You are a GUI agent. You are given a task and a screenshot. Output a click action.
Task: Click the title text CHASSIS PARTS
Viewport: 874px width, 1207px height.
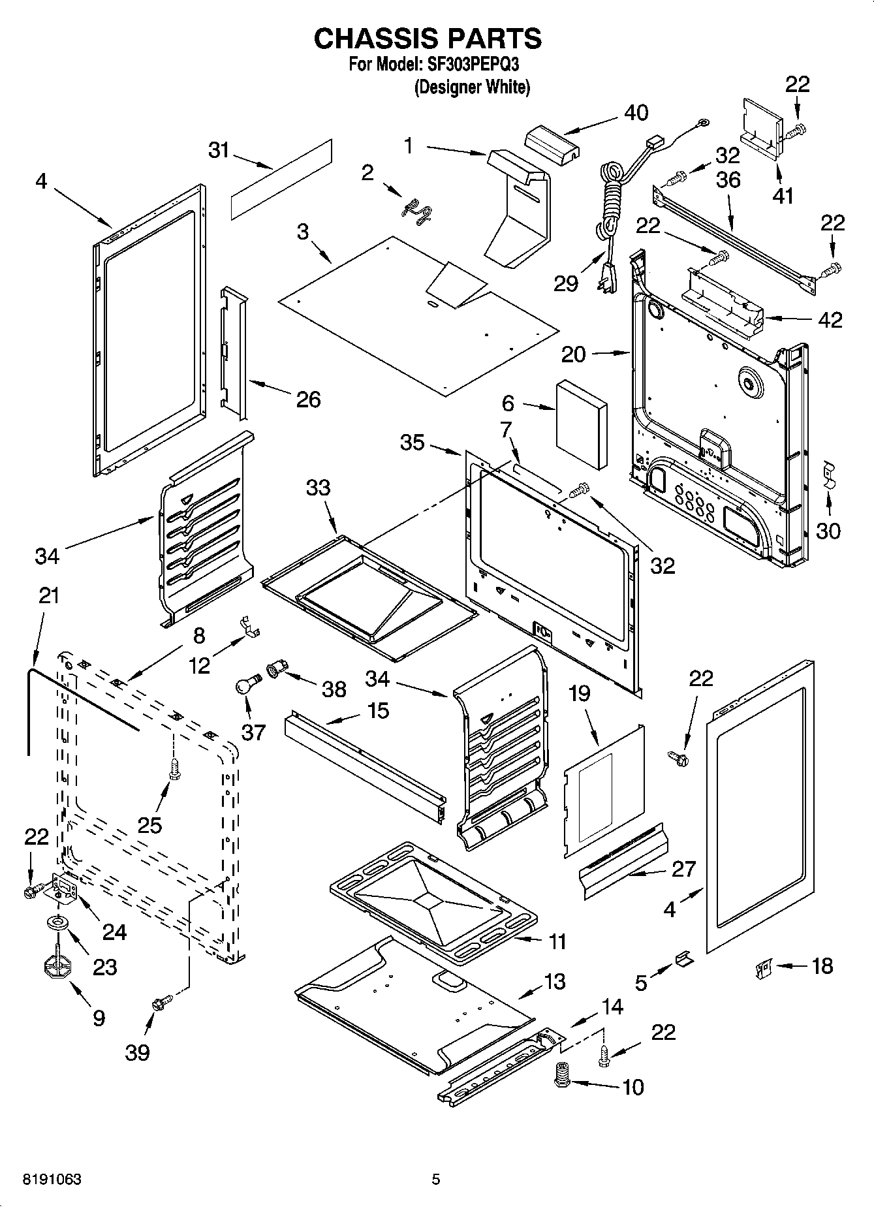click(x=428, y=39)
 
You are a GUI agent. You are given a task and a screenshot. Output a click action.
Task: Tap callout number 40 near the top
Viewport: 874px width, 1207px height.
click(x=636, y=113)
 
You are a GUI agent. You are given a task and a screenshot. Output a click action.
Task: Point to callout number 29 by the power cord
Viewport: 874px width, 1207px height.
click(x=565, y=283)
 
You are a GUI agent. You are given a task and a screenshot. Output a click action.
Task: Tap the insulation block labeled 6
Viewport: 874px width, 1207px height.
click(x=582, y=424)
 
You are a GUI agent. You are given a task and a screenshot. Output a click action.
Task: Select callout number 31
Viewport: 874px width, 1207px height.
click(x=219, y=150)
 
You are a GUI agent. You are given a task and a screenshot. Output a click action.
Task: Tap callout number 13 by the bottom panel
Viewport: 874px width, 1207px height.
click(x=554, y=981)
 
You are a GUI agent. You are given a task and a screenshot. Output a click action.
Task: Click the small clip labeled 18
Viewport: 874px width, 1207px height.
click(x=762, y=967)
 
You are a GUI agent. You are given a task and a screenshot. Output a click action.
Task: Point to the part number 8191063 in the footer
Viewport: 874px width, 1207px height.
click(x=52, y=1180)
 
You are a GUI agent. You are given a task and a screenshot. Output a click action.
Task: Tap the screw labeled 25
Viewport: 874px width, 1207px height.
click(x=174, y=768)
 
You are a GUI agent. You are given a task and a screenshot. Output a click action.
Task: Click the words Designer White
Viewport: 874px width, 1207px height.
click(x=472, y=87)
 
